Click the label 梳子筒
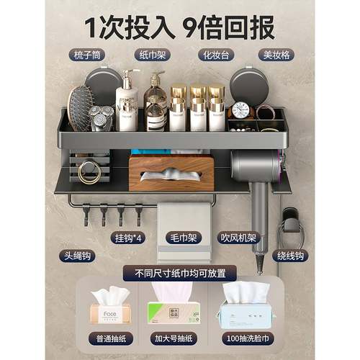89,55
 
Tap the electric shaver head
101,115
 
